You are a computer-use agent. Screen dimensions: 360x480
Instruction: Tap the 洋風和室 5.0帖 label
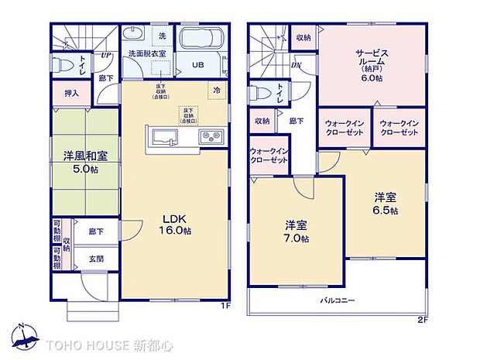click(86, 161)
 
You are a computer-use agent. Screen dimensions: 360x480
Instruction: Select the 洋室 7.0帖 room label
click(297, 231)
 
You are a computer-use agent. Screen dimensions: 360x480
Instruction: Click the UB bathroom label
click(198, 66)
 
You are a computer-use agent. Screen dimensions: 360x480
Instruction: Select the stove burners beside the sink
click(211, 138)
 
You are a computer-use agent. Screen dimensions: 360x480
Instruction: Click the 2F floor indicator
click(422, 319)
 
